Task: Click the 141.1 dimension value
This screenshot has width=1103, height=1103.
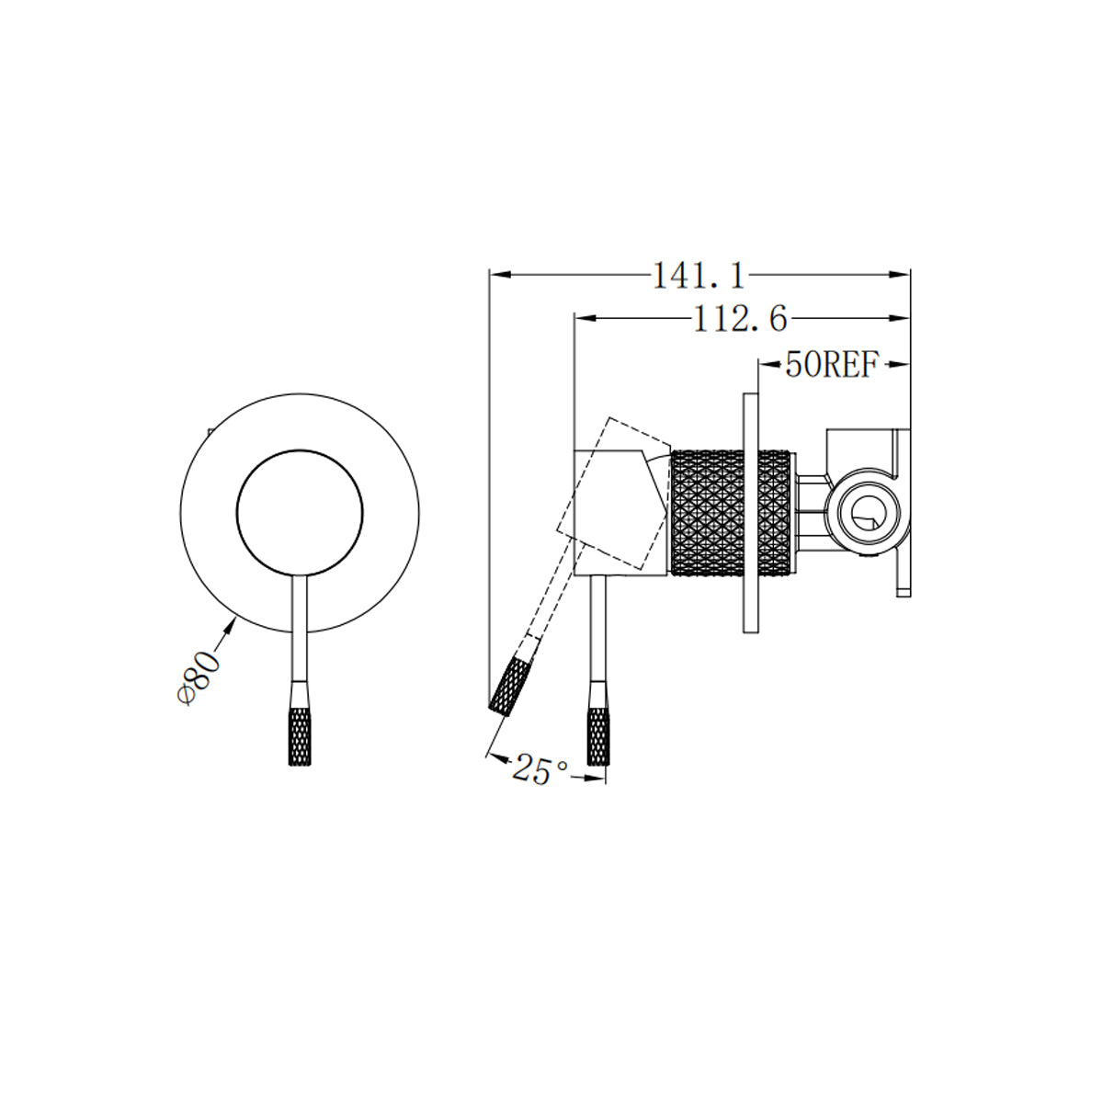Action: point(698,275)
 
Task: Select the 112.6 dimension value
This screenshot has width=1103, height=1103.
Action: point(740,319)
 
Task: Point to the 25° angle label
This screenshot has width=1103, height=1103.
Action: point(540,770)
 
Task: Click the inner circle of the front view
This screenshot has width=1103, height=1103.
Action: point(300,515)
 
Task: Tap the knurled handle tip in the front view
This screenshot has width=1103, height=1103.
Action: point(300,735)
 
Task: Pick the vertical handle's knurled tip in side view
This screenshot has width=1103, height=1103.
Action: point(597,735)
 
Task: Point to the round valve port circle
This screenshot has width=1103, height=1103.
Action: point(866,513)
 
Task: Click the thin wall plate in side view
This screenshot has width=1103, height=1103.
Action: point(750,513)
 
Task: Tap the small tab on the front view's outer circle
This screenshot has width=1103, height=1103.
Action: point(210,430)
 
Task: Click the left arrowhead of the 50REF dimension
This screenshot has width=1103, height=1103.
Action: point(766,366)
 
